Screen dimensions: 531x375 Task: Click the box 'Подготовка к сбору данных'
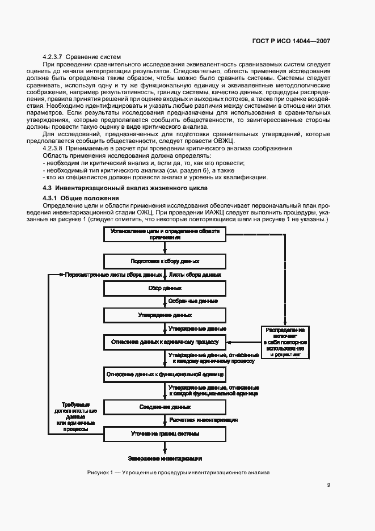pyautogui.click(x=165, y=262)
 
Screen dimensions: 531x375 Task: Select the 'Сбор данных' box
pyautogui.click(x=165, y=288)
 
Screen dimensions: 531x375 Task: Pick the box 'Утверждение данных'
pyautogui.click(x=165, y=315)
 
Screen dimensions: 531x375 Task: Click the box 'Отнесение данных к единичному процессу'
pyautogui.click(x=165, y=342)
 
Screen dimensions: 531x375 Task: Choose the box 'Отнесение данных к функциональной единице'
pyautogui.click(x=165, y=374)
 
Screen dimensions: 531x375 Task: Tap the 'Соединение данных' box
pyautogui.click(x=165, y=407)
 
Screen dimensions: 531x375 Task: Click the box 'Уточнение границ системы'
pyautogui.click(x=165, y=434)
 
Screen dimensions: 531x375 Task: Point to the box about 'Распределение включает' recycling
pyautogui.click(x=285, y=342)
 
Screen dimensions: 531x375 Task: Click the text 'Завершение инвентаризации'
pyautogui.click(x=165, y=458)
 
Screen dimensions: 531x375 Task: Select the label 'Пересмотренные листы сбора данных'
pyautogui.click(x=113, y=275)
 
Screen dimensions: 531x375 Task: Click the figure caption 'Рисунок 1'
pyautogui.click(x=179, y=472)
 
